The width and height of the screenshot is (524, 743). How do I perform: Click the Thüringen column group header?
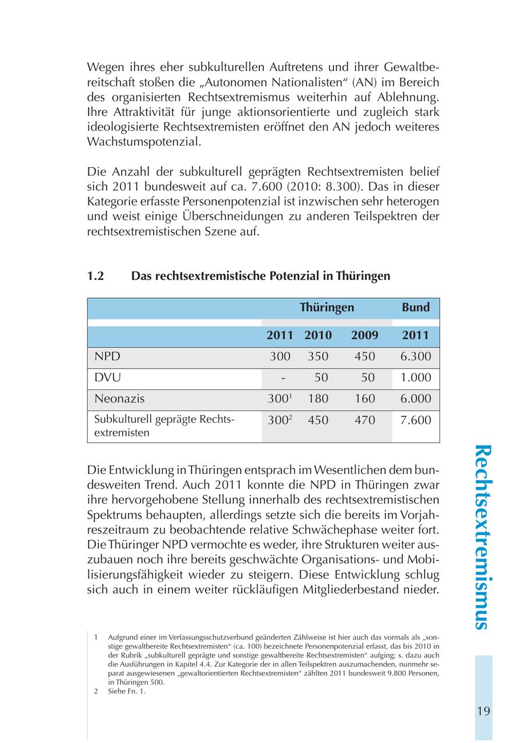pos(327,307)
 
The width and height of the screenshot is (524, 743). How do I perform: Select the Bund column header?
pos(416,307)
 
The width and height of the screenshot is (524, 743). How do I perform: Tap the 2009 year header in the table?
pos(364,335)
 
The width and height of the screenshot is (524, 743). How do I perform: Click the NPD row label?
pos(107,356)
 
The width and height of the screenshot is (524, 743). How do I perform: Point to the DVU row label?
pos(108,377)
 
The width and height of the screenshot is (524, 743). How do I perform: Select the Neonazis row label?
pos(119,399)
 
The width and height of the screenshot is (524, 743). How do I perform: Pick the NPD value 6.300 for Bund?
pos(416,356)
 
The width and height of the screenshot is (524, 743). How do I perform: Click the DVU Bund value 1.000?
pos(416,377)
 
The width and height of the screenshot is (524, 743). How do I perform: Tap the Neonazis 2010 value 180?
pos(318,399)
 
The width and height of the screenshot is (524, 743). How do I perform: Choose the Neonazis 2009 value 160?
pos(364,399)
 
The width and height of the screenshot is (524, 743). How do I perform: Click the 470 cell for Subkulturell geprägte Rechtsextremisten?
pos(364,420)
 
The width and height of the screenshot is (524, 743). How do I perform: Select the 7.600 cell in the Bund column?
pos(416,420)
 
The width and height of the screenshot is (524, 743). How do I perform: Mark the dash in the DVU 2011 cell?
pos(283,378)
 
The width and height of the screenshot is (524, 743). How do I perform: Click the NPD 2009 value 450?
pos(364,356)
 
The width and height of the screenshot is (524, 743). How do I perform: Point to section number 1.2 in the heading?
pos(95,276)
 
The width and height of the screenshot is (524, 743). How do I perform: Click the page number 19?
pos(483,711)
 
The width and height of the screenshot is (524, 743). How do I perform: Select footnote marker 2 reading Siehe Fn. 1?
pos(95,691)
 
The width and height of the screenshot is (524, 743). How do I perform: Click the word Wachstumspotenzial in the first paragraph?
pos(143,141)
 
